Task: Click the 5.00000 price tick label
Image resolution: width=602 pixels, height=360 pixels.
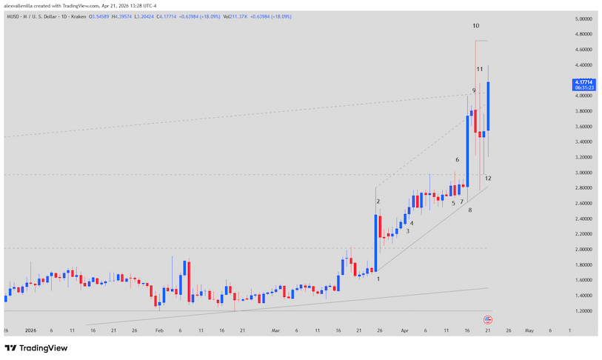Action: point(585,19)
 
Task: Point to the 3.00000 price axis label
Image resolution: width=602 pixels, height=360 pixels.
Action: point(585,173)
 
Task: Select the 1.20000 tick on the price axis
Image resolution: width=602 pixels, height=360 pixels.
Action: point(585,311)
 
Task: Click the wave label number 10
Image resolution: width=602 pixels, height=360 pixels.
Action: point(476,26)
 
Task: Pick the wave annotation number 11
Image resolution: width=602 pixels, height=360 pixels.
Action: point(480,69)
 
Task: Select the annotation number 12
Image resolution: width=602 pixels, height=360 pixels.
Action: point(488,179)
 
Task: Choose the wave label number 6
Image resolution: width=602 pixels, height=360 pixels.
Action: point(458,160)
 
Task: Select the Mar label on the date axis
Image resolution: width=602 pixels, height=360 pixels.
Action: point(276,330)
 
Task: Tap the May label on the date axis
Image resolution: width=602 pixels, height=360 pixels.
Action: point(529,330)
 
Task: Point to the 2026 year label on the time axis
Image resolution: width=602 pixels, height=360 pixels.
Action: point(30,330)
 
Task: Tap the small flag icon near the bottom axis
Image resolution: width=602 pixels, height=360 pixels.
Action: point(488,319)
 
